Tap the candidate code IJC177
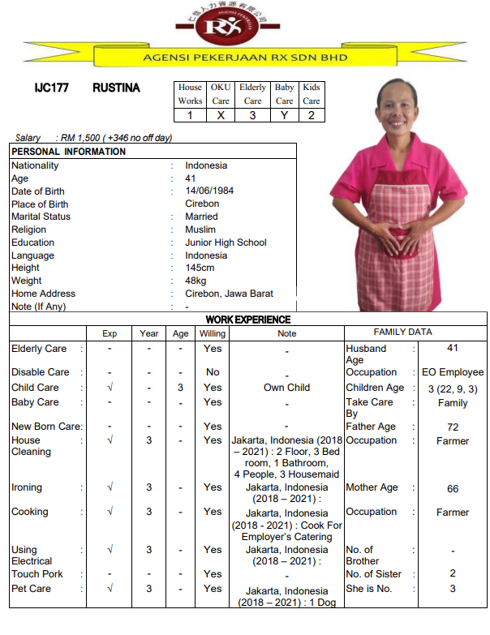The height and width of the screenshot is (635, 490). [x=51, y=88]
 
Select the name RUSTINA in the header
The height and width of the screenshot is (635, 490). [x=116, y=88]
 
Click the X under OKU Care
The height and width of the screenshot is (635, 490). [x=221, y=115]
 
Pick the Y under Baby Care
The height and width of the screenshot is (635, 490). [x=284, y=115]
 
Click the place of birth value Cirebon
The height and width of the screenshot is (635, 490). [x=202, y=204]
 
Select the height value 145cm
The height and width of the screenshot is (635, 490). [x=200, y=268]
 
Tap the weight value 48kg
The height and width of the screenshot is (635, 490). [x=197, y=281]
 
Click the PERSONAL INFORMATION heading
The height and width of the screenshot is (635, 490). [x=69, y=152]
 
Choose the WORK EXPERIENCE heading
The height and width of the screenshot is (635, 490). [x=247, y=320]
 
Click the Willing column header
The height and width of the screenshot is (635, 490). [x=213, y=333]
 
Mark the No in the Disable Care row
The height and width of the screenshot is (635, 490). [x=213, y=372]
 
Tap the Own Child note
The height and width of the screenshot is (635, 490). [x=286, y=388]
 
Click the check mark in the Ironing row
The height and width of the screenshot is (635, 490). [x=110, y=488]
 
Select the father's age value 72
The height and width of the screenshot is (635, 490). [x=453, y=427]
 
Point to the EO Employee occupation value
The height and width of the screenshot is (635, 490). [x=453, y=372]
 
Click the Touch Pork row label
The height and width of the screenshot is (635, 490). [x=37, y=574]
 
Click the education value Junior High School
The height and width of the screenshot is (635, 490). [x=226, y=242]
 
